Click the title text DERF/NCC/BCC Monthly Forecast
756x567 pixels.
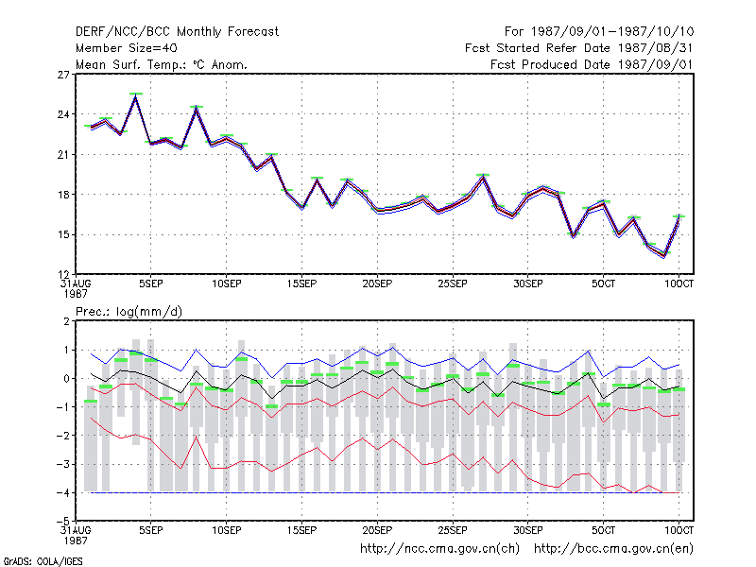click(177, 32)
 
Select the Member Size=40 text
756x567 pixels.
click(127, 48)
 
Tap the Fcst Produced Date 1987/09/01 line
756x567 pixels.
click(592, 64)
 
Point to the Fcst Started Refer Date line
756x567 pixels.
click(578, 48)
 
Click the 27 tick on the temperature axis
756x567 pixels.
click(63, 75)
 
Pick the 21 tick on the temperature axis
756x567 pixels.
click(63, 155)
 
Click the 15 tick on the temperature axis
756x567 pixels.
click(63, 234)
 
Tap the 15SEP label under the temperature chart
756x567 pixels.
click(301, 284)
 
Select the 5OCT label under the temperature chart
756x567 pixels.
click(603, 284)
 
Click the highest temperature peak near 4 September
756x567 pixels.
click(136, 96)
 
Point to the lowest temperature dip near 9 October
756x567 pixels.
click(664, 255)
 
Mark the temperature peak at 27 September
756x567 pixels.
click(483, 177)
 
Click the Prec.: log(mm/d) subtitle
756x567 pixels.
click(129, 312)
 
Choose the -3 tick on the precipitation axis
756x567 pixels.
click(63, 464)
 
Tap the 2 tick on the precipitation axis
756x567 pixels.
click(66, 321)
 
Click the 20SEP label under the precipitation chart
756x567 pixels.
click(377, 530)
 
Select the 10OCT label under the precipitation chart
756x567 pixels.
click(679, 530)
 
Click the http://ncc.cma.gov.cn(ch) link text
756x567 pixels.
click(439, 549)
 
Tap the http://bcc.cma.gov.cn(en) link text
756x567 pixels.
click(613, 549)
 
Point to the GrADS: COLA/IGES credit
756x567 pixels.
click(43, 561)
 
